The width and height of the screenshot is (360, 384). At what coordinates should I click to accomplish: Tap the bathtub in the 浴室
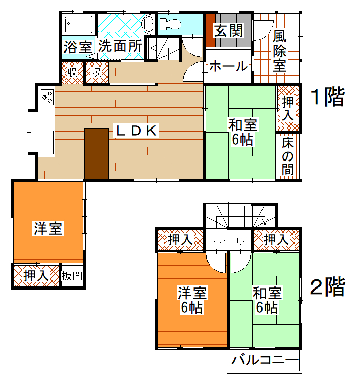[x=79, y=24]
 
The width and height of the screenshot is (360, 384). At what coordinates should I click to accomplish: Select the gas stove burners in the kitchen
[x=48, y=97]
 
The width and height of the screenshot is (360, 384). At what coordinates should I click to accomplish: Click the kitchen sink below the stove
[x=46, y=142]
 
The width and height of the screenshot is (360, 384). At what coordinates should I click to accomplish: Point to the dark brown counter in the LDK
[x=96, y=153]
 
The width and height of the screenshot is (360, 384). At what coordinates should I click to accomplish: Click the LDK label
[x=137, y=131]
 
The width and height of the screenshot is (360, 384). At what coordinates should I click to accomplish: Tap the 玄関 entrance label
[x=228, y=30]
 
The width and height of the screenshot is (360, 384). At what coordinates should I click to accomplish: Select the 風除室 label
[x=279, y=51]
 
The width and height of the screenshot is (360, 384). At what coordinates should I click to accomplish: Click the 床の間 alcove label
[x=288, y=156]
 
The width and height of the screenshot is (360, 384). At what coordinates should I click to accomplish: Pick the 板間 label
[x=72, y=276]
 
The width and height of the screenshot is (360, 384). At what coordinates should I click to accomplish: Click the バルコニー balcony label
[x=265, y=360]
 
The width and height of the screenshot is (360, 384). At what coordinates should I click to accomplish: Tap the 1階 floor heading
[x=328, y=97]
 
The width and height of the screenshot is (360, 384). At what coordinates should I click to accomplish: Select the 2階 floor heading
[x=328, y=286]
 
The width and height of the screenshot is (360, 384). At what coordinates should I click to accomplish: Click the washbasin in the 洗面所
[x=148, y=24]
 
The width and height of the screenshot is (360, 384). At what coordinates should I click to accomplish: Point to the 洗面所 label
[x=120, y=46]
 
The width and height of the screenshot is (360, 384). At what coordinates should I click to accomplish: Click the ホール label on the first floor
[x=229, y=66]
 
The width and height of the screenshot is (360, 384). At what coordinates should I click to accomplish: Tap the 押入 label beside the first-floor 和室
[x=288, y=109]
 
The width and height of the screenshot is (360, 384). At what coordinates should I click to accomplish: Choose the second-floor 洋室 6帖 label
[x=192, y=300]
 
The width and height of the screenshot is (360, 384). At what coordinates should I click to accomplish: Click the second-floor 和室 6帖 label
[x=267, y=300]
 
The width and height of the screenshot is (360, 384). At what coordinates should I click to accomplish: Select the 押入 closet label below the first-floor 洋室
[x=36, y=276]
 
